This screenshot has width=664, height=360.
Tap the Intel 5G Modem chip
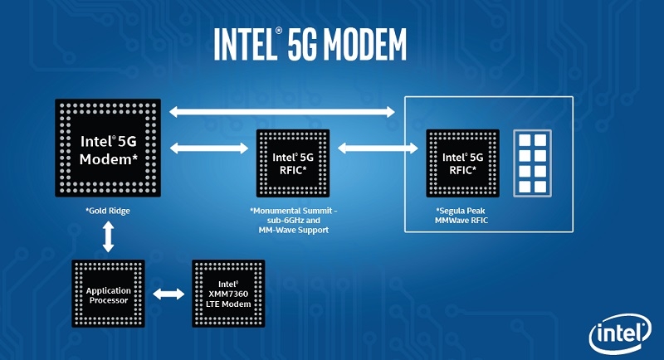coord(109,148)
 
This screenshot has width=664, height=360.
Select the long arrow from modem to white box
coord(282,111)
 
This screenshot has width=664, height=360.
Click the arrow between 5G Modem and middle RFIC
coord(209,148)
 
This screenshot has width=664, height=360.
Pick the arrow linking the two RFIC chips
coord(377,148)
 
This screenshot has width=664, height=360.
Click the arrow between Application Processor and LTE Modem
coord(168,294)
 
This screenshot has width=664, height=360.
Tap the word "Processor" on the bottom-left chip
coord(109,301)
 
